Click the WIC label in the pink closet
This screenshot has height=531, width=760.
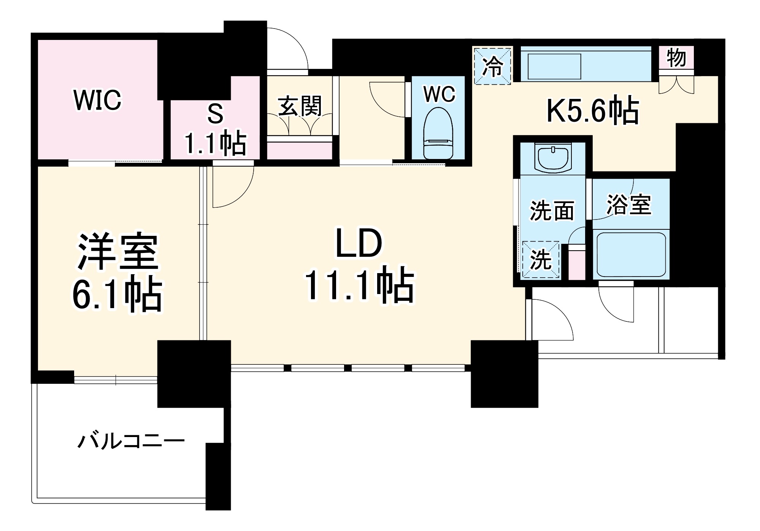click(97, 100)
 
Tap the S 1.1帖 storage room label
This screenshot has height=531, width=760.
click(215, 129)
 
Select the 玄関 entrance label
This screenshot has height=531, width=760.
click(300, 106)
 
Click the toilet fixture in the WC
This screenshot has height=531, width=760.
click(438, 133)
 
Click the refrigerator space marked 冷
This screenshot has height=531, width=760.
click(493, 65)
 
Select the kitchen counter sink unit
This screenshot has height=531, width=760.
click(585, 64)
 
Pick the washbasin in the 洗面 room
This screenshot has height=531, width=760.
click(552, 158)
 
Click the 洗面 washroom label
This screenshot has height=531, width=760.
click(552, 210)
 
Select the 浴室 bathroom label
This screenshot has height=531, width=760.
click(629, 204)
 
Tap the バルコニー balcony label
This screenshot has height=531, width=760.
click(131, 442)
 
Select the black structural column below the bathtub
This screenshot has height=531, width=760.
click(504, 374)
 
